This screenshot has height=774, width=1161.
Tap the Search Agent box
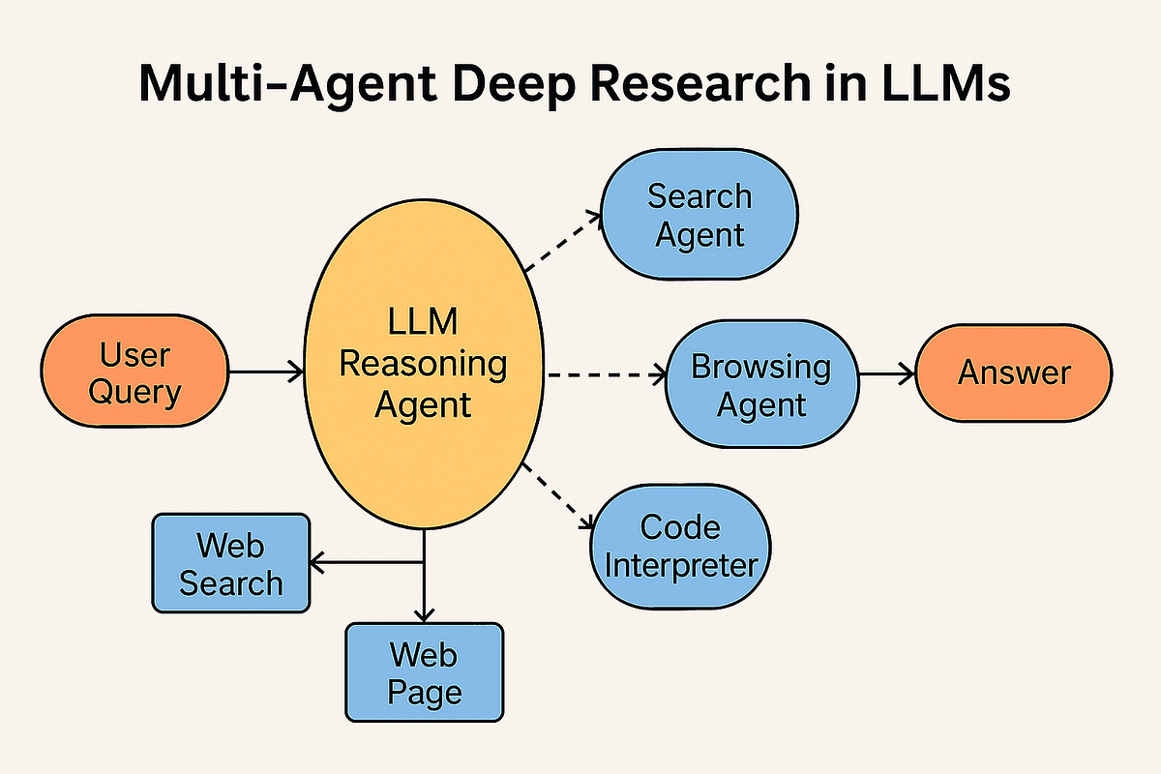[700, 215]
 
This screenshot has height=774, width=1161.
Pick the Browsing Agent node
[760, 384]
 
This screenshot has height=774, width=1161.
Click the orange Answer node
[1014, 372]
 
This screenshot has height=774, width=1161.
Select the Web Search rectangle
[231, 564]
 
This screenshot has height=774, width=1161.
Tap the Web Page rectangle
[424, 673]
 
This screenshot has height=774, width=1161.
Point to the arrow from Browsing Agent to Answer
[885, 372]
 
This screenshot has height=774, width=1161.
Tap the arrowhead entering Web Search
[316, 561]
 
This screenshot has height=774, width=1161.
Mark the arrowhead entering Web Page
[424, 614]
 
